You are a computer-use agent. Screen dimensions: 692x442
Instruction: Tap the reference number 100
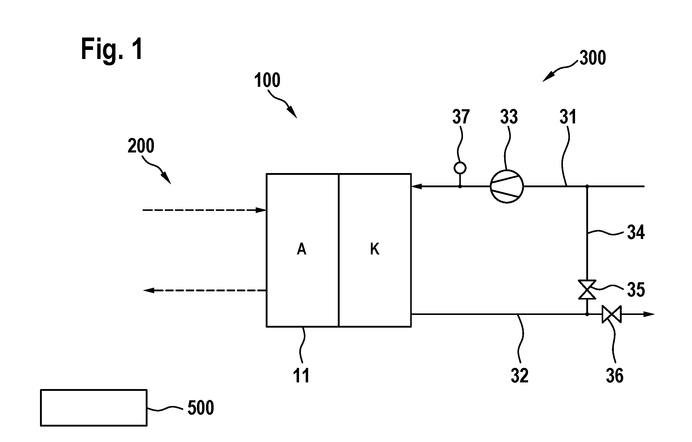point(267,80)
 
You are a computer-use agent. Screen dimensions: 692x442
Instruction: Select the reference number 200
point(141,146)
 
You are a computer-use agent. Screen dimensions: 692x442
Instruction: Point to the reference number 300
point(593,58)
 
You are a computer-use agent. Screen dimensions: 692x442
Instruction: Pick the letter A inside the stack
point(301,250)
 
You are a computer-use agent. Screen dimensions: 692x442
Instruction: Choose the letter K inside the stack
point(375,250)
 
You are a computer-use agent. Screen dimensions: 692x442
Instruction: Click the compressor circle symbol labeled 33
point(507,186)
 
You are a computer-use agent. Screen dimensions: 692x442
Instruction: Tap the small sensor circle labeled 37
point(460,168)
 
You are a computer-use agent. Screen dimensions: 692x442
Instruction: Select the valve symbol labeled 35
point(587,290)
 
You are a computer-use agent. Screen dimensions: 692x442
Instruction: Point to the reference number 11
point(301,376)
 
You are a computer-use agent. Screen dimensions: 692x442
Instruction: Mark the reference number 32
point(520,376)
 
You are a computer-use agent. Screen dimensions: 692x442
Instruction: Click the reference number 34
point(636,232)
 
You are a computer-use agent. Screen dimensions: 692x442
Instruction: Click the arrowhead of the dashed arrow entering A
point(261,210)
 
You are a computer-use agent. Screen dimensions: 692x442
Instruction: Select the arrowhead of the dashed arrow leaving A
point(148,290)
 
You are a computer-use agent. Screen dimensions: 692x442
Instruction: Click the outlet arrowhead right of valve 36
point(649,314)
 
